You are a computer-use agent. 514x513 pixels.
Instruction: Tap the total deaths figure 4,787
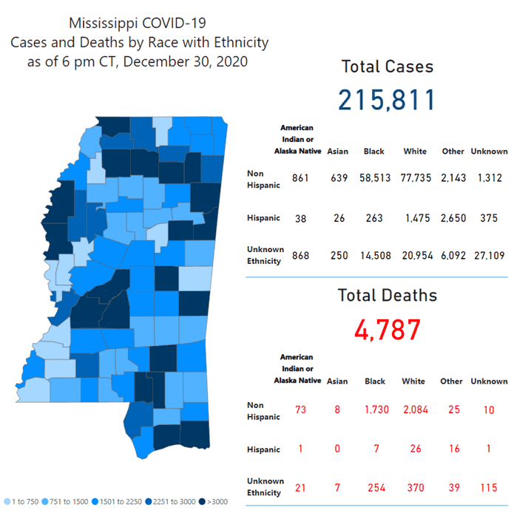(x=387, y=330)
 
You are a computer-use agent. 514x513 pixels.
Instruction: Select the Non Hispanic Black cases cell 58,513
(x=373, y=179)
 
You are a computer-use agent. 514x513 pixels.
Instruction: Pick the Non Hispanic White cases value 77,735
(x=415, y=179)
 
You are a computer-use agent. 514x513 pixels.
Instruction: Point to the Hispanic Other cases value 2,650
(x=453, y=217)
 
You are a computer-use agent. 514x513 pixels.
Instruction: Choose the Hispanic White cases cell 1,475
(x=415, y=217)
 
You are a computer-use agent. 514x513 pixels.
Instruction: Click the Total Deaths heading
(x=387, y=296)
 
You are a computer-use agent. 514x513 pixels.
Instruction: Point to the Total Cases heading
(x=387, y=67)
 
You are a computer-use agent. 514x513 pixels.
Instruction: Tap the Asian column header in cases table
(x=337, y=152)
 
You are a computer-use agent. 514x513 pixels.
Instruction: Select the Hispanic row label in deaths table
(x=263, y=449)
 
